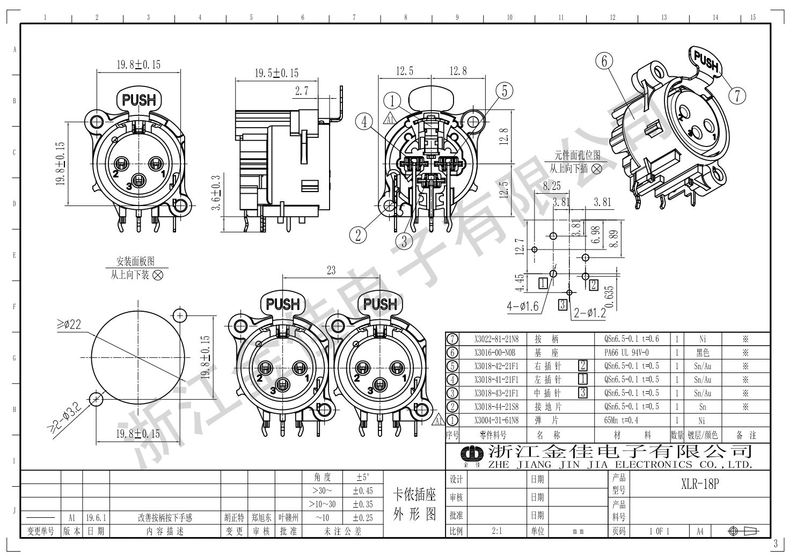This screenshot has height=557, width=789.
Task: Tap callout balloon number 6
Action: [x=604, y=61]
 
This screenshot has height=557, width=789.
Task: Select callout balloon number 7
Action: [x=737, y=96]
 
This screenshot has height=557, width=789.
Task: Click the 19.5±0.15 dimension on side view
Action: [x=276, y=72]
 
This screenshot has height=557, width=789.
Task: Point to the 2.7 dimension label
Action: [x=302, y=91]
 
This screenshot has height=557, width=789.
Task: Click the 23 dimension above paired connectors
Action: [x=331, y=270]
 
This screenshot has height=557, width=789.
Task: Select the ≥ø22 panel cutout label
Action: [x=68, y=324]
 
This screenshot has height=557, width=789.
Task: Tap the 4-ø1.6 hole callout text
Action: [x=522, y=306]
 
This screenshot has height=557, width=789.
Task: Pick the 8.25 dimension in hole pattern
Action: [x=552, y=186]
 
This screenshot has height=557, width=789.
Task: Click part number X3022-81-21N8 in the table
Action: [x=496, y=339]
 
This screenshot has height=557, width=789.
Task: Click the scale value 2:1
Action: [x=496, y=531]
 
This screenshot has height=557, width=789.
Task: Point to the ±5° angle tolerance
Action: [x=363, y=477]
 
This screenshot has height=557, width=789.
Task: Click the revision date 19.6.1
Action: [x=97, y=518]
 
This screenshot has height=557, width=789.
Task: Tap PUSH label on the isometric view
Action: [x=706, y=61]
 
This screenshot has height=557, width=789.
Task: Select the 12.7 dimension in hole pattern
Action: [x=518, y=248]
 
